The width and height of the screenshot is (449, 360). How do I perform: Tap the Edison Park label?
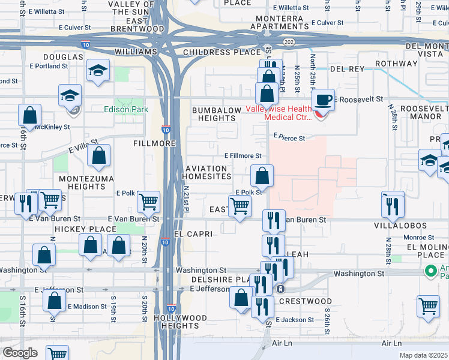tap(125, 109)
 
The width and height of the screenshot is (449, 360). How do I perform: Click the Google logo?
tap(20, 353)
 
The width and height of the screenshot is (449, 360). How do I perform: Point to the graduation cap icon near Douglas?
tap(98, 71)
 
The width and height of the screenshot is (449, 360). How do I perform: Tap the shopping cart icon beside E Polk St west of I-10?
tap(148, 202)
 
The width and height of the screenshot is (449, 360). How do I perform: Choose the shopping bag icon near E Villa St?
tap(99, 156)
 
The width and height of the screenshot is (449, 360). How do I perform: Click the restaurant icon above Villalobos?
tap(393, 205)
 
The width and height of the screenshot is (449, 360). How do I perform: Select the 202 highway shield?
tap(289, 41)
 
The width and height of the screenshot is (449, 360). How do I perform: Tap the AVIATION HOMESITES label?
tap(208, 172)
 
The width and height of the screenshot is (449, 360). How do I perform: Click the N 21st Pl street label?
tap(186, 200)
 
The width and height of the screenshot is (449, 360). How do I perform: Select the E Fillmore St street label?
tap(243, 155)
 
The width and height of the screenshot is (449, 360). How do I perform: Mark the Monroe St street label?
tap(415, 238)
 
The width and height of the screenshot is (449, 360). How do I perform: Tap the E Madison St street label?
tap(87, 306)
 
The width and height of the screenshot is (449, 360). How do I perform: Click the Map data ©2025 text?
tap(423, 355)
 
